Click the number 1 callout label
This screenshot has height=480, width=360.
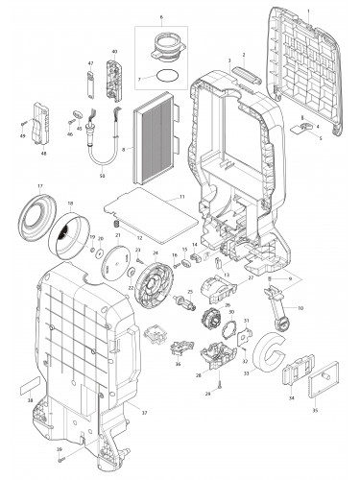(x=308, y=9)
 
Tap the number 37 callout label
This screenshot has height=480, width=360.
(x=145, y=412)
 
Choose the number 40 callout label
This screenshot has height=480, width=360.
(x=114, y=50)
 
